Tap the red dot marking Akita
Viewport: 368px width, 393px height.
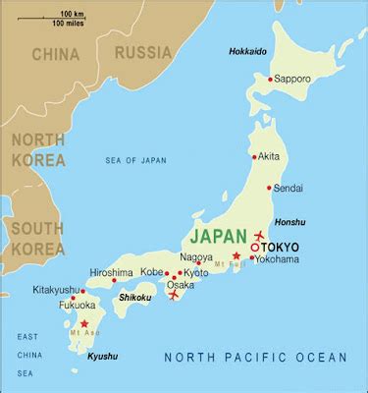[253, 156]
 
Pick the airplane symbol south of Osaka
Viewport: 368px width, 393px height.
[175, 294]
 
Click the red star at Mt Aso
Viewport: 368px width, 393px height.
[84, 323]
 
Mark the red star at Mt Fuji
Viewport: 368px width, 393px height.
[236, 255]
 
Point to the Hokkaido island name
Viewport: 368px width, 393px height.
[247, 51]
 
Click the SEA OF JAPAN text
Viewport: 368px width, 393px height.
[137, 160]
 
